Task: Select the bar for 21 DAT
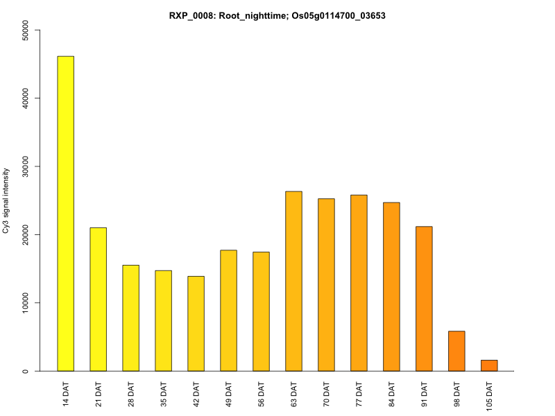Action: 98,299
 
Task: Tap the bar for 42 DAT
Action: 196,323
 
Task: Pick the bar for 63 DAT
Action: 293,281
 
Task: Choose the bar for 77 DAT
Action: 359,283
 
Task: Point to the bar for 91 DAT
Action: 424,298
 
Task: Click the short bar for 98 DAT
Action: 456,351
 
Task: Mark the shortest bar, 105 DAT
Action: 489,365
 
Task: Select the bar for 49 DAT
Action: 228,310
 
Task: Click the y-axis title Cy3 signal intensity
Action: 7,200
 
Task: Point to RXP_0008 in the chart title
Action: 190,15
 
